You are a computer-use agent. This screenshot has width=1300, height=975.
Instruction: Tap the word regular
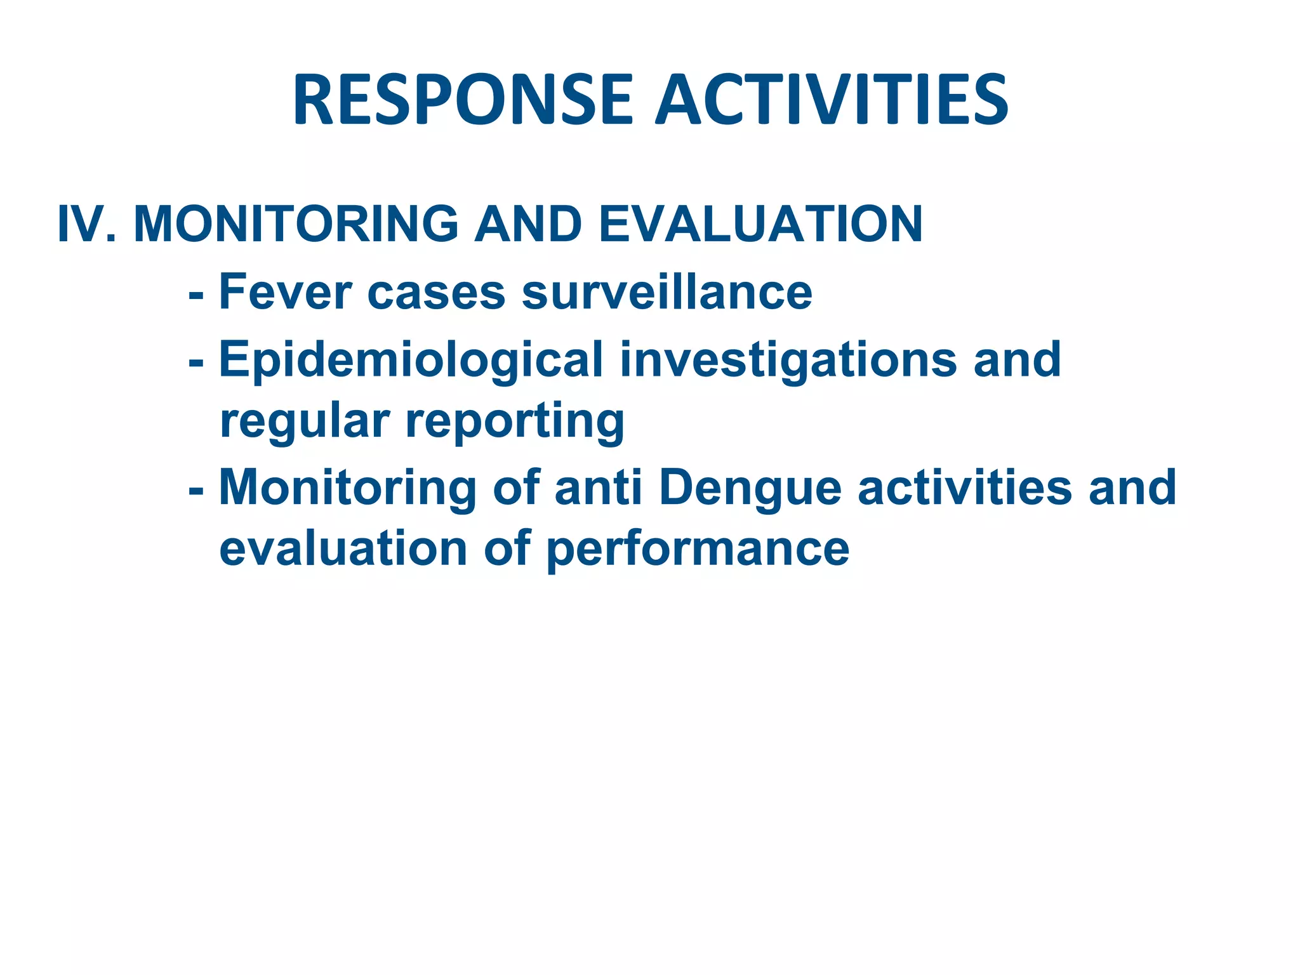(x=304, y=422)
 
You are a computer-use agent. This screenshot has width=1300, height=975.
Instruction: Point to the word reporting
(x=515, y=422)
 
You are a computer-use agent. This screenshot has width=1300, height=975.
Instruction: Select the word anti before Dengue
(x=598, y=487)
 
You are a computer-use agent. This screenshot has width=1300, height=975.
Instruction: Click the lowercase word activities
(x=964, y=487)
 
